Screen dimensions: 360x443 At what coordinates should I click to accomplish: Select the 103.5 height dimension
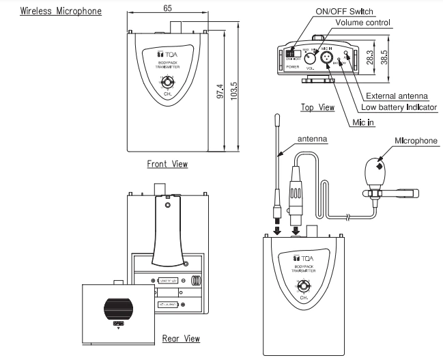pyautogui.click(x=235, y=91)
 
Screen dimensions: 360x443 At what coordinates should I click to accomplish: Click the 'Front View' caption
pyautogui.click(x=167, y=164)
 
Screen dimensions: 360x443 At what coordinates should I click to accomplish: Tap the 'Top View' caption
pyautogui.click(x=317, y=107)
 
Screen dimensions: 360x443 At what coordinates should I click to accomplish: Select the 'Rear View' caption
pyautogui.click(x=181, y=338)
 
